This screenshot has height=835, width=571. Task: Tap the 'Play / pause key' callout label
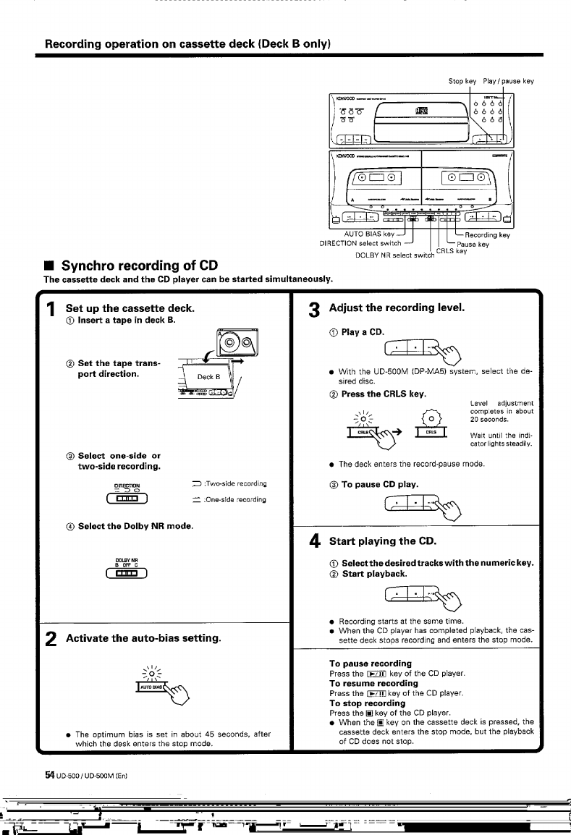point(509,81)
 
